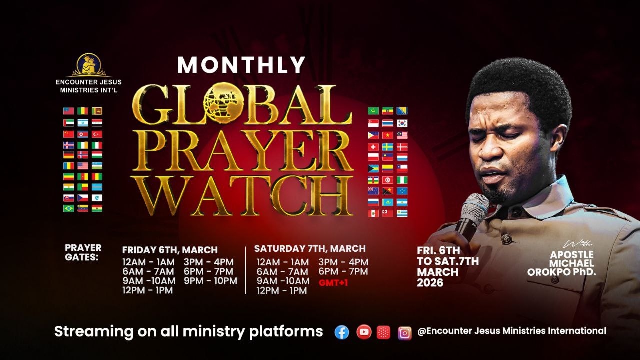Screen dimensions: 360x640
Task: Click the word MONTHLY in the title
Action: pos(241,65)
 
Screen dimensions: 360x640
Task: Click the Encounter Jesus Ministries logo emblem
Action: pos(88,65)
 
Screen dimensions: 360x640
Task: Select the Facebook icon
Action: pos(342,332)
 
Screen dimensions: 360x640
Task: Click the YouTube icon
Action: pos(364,332)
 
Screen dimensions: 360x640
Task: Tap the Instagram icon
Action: pos(404,332)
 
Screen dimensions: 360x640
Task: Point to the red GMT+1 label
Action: pos(333,283)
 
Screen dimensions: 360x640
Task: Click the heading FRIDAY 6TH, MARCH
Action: pos(170,250)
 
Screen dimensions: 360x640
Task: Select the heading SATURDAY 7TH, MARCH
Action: pos(310,248)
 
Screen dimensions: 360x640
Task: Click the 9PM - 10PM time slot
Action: pos(210,281)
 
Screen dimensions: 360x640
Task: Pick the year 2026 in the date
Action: pos(430,283)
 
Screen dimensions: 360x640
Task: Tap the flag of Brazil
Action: pos(68,208)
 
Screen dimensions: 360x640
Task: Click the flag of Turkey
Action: pos(97,134)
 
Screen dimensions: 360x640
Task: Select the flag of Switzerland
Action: pos(373,147)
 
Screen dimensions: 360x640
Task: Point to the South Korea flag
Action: pos(402,123)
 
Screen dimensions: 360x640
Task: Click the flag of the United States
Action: pos(83,166)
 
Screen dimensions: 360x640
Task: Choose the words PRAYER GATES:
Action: pos(83,252)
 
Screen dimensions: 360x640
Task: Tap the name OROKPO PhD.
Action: pos(561,272)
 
